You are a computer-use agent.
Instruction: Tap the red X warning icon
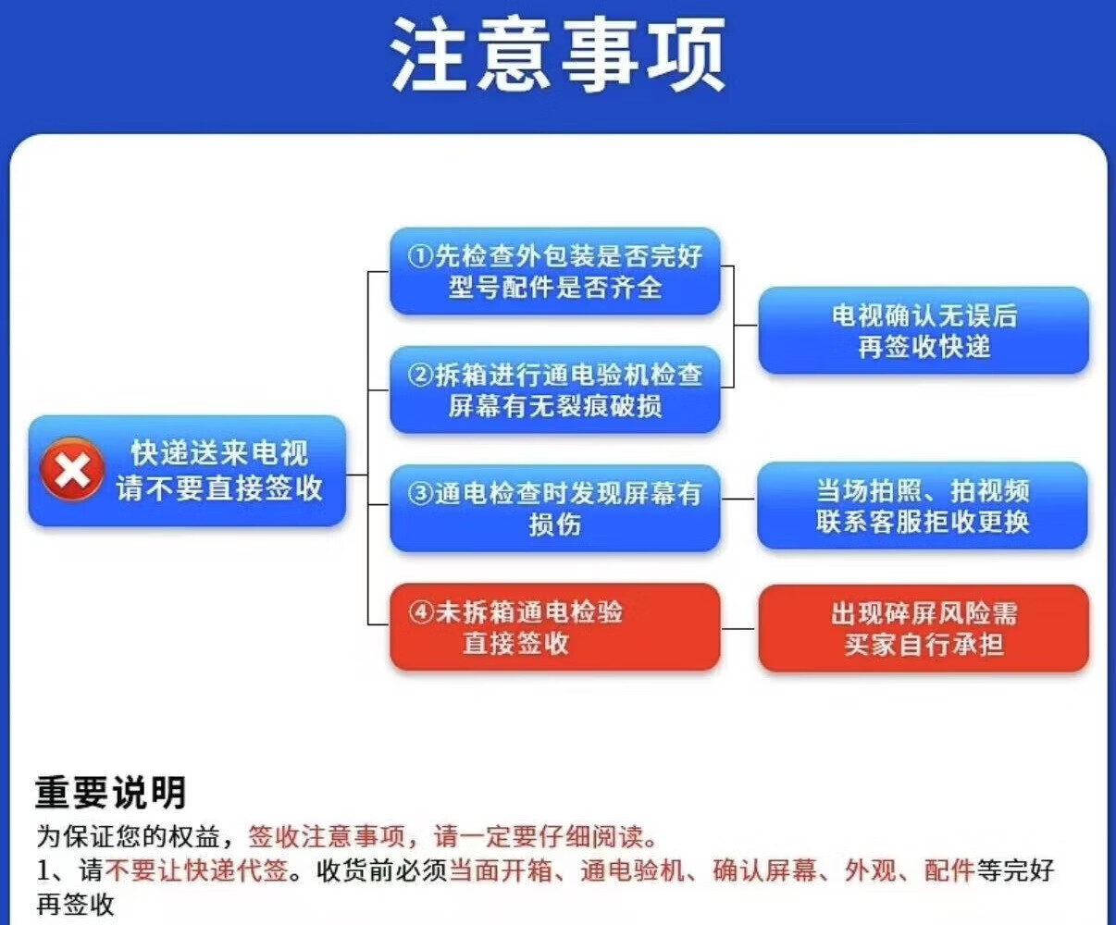[71, 471]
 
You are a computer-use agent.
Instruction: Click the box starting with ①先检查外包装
[555, 271]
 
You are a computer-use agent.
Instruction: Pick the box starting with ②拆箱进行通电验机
[555, 389]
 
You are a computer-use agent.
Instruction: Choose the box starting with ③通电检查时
[555, 508]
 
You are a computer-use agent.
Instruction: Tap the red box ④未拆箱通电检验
[555, 627]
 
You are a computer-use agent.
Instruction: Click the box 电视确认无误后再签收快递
[924, 330]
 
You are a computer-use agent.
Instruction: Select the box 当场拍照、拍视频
[923, 505]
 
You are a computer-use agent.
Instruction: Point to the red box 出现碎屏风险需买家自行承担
[924, 628]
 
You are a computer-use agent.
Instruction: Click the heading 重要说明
[111, 793]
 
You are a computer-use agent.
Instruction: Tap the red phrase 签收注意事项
[327, 837]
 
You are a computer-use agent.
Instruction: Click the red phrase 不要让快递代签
[197, 870]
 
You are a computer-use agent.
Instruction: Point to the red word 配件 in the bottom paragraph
[949, 870]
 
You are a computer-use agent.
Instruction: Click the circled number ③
[420, 494]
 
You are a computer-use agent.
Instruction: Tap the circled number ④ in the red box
[421, 612]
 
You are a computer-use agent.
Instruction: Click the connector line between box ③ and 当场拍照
[738, 499]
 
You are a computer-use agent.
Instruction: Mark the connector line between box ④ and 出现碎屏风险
[738, 628]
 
